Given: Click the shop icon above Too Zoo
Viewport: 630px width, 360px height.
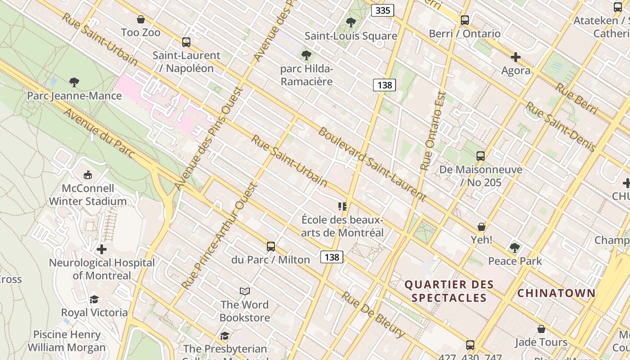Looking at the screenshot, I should click(x=141, y=19).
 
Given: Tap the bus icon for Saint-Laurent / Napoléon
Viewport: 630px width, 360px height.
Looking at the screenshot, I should click(x=186, y=42).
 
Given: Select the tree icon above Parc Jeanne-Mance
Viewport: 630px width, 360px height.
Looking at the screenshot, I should click(x=74, y=82).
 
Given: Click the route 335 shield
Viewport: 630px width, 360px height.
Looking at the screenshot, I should click(x=382, y=10).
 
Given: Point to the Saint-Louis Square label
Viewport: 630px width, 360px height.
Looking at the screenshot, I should click(x=351, y=36).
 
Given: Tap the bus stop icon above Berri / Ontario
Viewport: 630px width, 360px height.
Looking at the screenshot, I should click(x=465, y=20).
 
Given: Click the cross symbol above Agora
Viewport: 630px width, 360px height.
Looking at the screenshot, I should click(x=516, y=57).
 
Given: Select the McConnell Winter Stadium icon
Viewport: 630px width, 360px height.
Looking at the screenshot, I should click(x=88, y=175).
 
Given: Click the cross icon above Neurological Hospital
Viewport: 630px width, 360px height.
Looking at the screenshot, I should click(x=102, y=249).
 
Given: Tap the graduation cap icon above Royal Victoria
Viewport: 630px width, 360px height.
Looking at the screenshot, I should click(x=94, y=299).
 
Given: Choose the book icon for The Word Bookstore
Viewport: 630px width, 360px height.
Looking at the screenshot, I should click(x=245, y=292).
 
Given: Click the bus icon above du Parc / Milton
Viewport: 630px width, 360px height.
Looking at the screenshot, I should click(x=270, y=247).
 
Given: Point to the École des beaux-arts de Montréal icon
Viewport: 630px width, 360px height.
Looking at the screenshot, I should click(x=342, y=207).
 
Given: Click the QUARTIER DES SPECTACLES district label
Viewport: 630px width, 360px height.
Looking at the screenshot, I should click(x=449, y=291).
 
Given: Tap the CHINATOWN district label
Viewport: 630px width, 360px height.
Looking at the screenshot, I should click(x=556, y=293).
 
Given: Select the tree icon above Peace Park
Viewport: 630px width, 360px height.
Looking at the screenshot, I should click(x=515, y=247).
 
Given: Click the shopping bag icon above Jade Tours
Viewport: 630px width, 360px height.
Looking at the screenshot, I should click(x=541, y=329).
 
